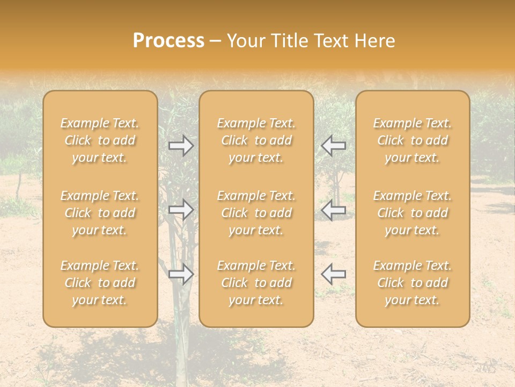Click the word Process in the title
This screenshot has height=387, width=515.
(x=168, y=41)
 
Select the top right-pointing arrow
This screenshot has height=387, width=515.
(x=181, y=145)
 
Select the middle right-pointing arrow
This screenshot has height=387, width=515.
(x=181, y=210)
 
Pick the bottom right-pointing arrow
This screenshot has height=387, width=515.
(x=181, y=274)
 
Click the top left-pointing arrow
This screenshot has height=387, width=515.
(x=334, y=145)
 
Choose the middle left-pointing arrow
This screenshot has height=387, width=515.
(x=334, y=210)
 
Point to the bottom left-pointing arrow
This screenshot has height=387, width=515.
(x=334, y=274)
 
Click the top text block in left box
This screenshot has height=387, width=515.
(x=100, y=140)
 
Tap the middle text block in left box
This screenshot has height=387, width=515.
(x=100, y=213)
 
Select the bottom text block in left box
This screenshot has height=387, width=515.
(x=100, y=283)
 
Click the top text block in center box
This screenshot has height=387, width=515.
(x=256, y=140)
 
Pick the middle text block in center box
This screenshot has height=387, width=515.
(x=256, y=213)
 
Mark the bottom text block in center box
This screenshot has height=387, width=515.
(x=256, y=283)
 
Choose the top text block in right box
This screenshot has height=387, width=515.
(x=413, y=140)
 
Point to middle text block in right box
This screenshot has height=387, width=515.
(x=413, y=213)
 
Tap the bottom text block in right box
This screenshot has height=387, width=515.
(x=413, y=283)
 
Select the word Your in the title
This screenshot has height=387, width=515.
(x=247, y=41)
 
